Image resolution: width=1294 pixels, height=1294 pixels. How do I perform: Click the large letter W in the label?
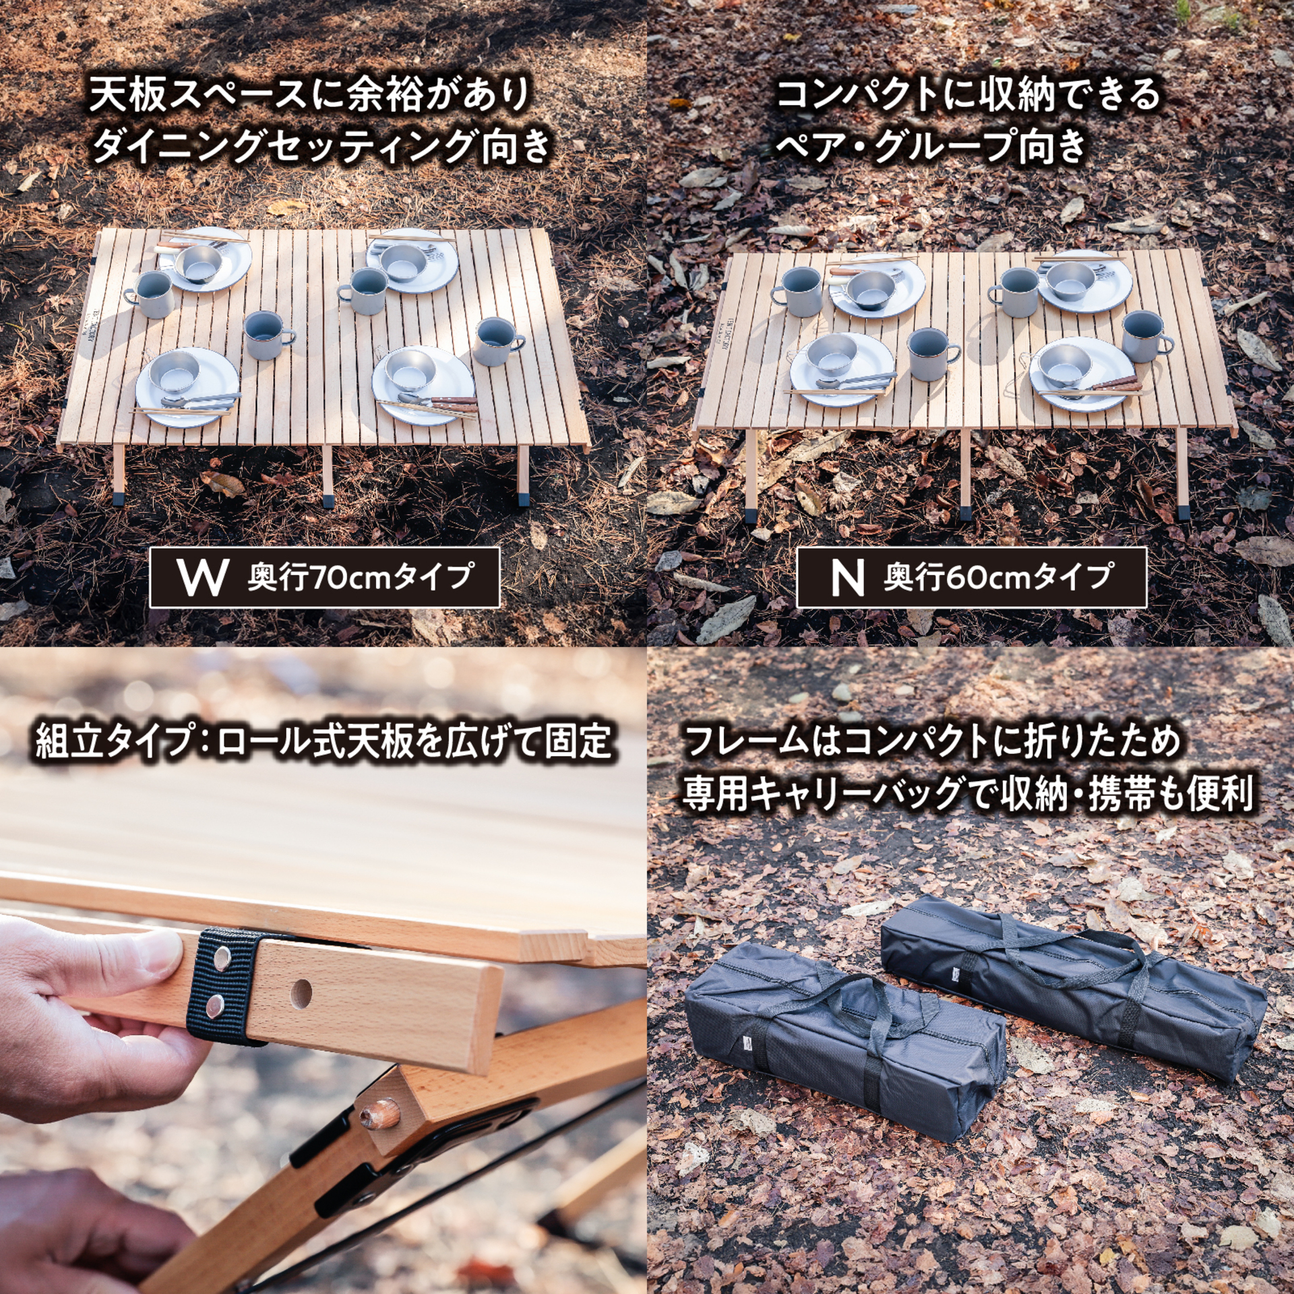pyautogui.click(x=202, y=578)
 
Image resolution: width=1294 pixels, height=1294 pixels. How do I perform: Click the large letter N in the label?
pyautogui.click(x=847, y=578)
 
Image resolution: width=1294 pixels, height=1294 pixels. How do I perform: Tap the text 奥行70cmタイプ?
pyautogui.click(x=360, y=578)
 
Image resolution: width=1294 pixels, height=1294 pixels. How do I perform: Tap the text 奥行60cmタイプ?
pyautogui.click(x=997, y=578)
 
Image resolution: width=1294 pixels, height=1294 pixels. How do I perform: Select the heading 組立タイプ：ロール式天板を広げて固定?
pyautogui.click(x=323, y=741)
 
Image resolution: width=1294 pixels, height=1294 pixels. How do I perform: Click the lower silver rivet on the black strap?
pyautogui.click(x=214, y=1007)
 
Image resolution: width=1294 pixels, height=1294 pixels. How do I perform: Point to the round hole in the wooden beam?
pyautogui.click(x=301, y=993)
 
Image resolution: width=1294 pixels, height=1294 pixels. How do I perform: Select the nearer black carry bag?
pyautogui.click(x=842, y=1038)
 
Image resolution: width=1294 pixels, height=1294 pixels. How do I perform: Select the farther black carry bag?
pyautogui.click(x=1072, y=970)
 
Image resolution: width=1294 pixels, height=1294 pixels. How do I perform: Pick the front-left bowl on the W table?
pyautogui.click(x=175, y=373)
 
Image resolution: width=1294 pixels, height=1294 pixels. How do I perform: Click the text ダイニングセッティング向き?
pyautogui.click(x=321, y=145)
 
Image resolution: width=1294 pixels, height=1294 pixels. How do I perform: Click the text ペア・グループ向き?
pyautogui.click(x=930, y=145)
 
